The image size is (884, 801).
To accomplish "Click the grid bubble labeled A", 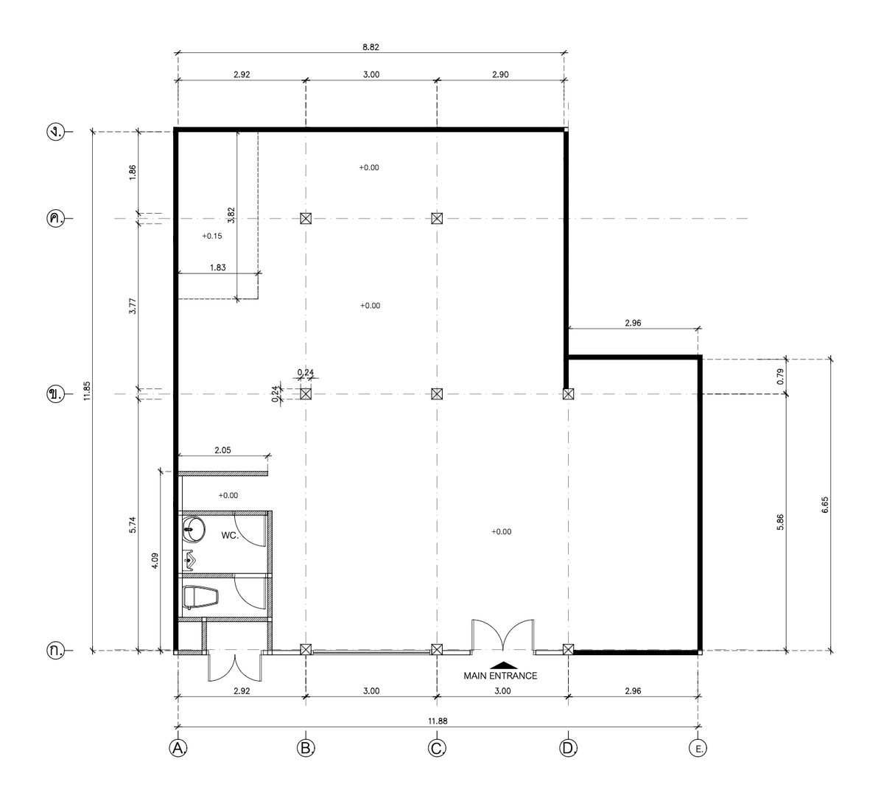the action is click(178, 748).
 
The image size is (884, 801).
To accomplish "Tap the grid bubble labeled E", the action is click(698, 748).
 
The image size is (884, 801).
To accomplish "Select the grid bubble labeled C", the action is click(437, 748).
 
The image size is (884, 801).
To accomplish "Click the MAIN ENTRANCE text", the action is click(500, 676).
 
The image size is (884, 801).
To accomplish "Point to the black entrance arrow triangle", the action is click(504, 665).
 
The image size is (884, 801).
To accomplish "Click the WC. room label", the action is click(230, 536).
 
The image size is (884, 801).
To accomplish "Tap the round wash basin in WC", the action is click(194, 529).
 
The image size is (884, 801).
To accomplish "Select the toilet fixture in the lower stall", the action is click(200, 598).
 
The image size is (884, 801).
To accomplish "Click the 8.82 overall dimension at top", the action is click(371, 47).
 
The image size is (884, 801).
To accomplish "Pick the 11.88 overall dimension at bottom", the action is click(438, 721).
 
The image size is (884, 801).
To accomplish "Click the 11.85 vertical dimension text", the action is click(87, 391).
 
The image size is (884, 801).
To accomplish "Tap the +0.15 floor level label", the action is click(212, 236).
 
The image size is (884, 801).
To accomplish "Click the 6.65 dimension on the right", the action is click(825, 505).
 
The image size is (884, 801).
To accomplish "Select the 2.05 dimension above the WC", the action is click(222, 450).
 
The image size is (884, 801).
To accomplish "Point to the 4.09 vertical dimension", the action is click(155, 561).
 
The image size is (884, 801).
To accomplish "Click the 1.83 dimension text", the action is click(218, 267).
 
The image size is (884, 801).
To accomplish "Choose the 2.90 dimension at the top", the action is click(500, 74).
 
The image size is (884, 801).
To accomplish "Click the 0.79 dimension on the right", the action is click(780, 377).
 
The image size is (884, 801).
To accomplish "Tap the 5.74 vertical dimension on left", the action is click(133, 525).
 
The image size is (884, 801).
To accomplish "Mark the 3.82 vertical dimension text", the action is click(231, 215).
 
